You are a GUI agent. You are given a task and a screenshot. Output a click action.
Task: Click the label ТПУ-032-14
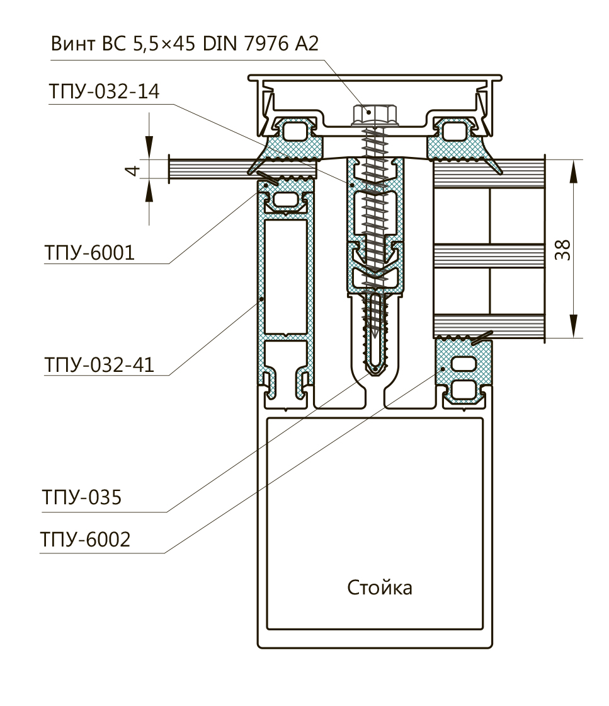click(104, 93)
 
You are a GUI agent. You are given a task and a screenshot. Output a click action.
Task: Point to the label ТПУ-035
click(81, 497)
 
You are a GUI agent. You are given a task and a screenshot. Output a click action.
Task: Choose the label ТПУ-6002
click(86, 540)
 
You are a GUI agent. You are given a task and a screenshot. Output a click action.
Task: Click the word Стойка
click(380, 588)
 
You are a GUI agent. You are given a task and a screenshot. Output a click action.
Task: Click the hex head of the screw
click(370, 114)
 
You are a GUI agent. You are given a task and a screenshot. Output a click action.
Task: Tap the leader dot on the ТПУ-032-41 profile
click(261, 298)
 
